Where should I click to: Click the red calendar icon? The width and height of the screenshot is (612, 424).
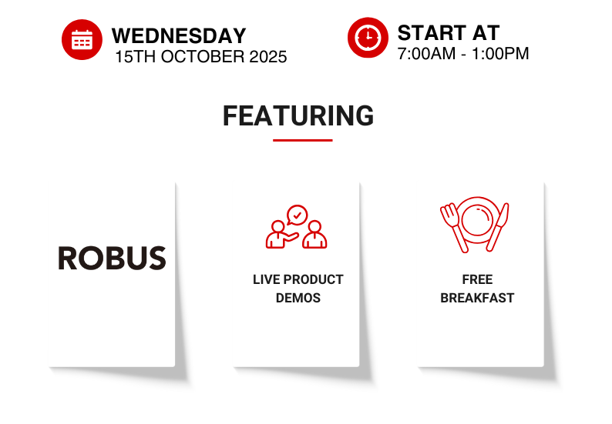coord(82,39)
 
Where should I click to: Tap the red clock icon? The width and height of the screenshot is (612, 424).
coord(368,38)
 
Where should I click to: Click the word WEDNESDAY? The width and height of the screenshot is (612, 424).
coord(179,36)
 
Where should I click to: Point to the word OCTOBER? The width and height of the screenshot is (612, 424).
coord(203,57)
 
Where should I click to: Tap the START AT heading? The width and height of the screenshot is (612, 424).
coord(449,33)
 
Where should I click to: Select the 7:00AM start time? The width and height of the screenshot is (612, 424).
coord(426,54)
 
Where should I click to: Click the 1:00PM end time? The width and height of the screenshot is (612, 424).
coord(500,54)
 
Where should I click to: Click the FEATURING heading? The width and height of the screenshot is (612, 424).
coord(298,115)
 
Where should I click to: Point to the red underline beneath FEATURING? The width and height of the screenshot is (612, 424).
coord(302,140)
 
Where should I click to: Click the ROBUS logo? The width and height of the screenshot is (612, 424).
coord(112,258)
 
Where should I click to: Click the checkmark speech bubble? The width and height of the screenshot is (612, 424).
coord(297,215)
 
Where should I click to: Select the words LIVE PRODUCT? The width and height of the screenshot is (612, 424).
coord(298,279)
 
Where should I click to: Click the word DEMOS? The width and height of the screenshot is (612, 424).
coord(298,298)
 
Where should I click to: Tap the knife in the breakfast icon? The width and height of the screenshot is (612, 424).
coord(498,227)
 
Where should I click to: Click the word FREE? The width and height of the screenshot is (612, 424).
coord(477,279)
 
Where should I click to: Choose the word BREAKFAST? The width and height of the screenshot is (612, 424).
coord(477,298)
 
